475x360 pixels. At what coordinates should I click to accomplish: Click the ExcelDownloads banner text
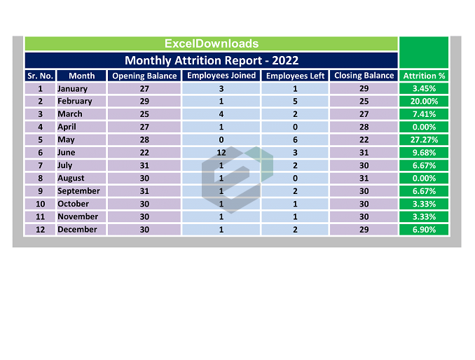211,43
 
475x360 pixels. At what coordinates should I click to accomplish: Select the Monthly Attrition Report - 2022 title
211,60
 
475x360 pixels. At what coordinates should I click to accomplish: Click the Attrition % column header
424,76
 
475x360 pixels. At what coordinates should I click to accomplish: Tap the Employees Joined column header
221,76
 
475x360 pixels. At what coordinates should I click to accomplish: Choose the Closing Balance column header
364,76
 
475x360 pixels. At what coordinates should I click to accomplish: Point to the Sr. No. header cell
40,76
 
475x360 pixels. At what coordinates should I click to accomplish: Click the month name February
74,102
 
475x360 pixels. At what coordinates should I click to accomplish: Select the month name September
78,191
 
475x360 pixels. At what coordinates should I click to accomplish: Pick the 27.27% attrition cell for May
424,140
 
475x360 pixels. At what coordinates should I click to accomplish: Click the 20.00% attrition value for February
424,102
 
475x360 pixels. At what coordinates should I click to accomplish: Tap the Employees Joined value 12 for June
221,153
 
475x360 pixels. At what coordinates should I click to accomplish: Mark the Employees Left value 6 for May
295,140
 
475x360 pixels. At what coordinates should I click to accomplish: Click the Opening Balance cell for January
144,89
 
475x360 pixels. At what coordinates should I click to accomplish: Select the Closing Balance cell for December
364,230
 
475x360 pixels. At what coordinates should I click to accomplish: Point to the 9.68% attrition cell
424,153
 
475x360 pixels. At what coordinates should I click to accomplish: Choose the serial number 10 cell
40,204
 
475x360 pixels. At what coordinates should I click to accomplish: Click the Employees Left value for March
295,114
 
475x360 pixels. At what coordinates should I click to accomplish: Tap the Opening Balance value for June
144,153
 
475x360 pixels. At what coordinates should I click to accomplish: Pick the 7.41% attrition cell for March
424,114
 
